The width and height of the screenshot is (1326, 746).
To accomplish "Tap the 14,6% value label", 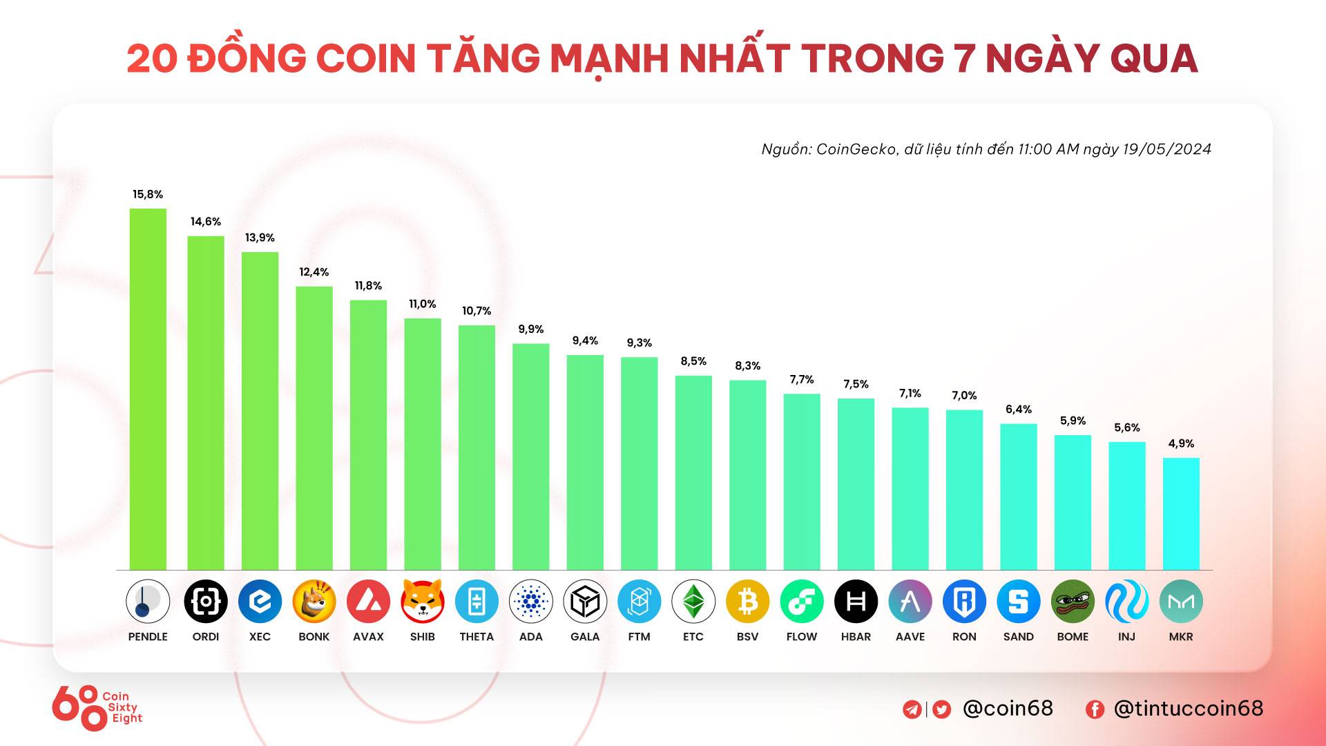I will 206,222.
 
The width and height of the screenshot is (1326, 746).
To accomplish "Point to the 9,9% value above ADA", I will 530,329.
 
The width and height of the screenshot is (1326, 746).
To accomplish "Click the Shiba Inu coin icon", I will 422,601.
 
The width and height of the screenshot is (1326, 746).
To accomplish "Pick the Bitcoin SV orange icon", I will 747,601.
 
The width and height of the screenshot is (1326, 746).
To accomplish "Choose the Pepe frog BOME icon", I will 1073,601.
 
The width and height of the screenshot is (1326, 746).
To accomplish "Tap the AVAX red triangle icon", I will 368,601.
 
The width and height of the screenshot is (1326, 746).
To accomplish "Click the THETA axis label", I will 477,637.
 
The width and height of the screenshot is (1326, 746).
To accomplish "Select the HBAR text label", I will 856,637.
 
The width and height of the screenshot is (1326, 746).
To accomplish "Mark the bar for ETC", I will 693,472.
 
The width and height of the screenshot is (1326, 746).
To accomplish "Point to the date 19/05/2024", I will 1166,149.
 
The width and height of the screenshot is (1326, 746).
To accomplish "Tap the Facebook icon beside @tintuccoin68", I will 1095,709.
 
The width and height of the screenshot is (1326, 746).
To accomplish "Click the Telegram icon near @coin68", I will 912,709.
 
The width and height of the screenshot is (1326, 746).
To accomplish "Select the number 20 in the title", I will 152,58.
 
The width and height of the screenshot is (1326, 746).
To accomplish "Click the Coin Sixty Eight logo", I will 97,707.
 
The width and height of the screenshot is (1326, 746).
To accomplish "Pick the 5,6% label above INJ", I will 1126,428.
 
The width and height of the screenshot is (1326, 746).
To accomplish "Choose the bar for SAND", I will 1019,497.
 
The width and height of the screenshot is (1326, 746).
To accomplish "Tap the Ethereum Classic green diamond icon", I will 693,601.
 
